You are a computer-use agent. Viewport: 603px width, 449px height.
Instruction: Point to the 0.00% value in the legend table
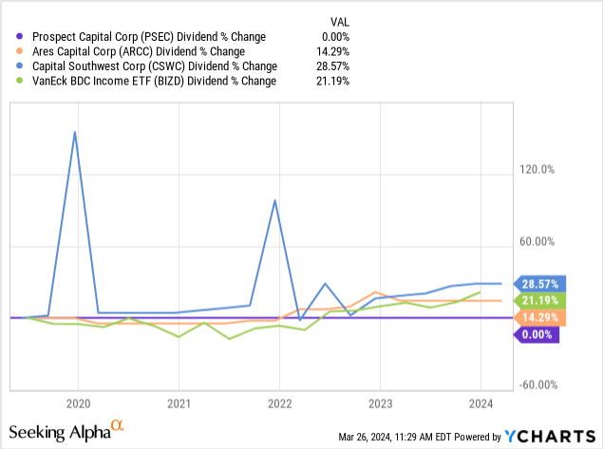[x=333, y=36]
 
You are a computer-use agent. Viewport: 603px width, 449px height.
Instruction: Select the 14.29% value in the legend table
[x=330, y=51]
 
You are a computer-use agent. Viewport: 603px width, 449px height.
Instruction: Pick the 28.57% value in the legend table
[x=330, y=66]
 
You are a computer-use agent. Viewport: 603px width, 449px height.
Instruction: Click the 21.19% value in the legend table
[x=330, y=82]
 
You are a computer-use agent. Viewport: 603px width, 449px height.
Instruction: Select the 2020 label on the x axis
[x=78, y=402]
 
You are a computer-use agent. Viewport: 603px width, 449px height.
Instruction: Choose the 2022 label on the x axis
[x=279, y=402]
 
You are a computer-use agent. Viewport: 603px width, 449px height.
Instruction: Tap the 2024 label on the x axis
[x=481, y=402]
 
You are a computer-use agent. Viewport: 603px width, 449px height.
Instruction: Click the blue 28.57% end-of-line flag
[x=538, y=283]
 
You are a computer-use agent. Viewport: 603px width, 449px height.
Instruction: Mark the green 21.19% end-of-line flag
[x=538, y=300]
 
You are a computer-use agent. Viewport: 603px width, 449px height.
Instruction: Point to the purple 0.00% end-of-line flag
[x=538, y=334]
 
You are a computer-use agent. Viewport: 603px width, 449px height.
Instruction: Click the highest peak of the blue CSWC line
[x=75, y=132]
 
